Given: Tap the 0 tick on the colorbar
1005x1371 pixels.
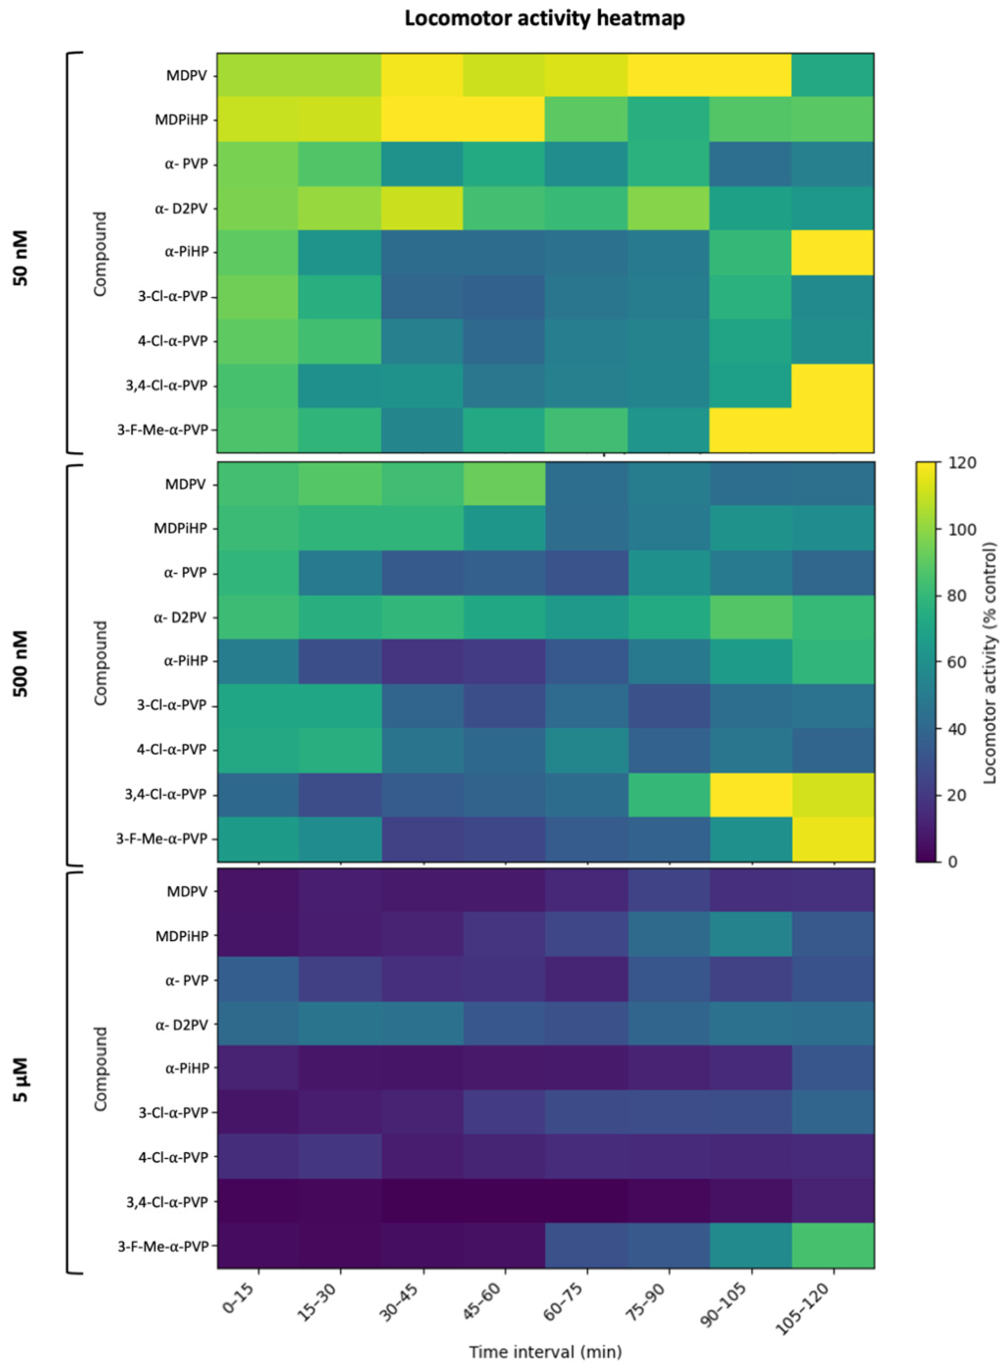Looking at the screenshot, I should coord(952,862).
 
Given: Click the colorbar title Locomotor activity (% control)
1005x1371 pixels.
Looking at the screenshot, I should coord(989,662).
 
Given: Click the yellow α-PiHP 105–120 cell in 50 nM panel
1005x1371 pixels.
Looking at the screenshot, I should coord(832,252).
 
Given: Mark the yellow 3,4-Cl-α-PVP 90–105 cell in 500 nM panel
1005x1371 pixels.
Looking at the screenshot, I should coord(751,795).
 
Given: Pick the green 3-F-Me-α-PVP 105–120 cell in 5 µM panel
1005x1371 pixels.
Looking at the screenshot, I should coord(832,1246).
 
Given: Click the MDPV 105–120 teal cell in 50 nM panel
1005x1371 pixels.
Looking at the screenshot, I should coord(832,75).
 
